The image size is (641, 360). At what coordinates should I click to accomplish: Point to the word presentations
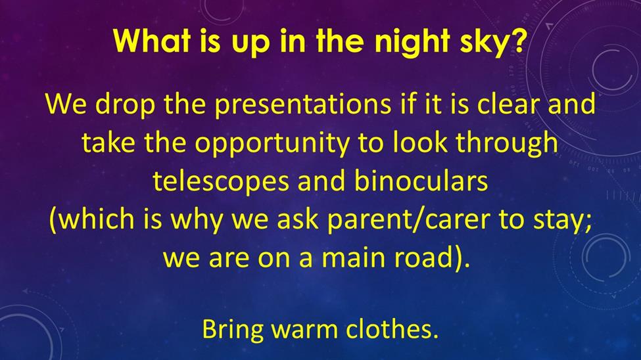coord(302,104)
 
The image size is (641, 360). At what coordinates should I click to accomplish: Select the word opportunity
coord(272,143)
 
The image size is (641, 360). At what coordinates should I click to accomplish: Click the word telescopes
coord(222,181)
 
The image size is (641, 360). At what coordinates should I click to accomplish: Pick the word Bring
coord(233,330)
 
